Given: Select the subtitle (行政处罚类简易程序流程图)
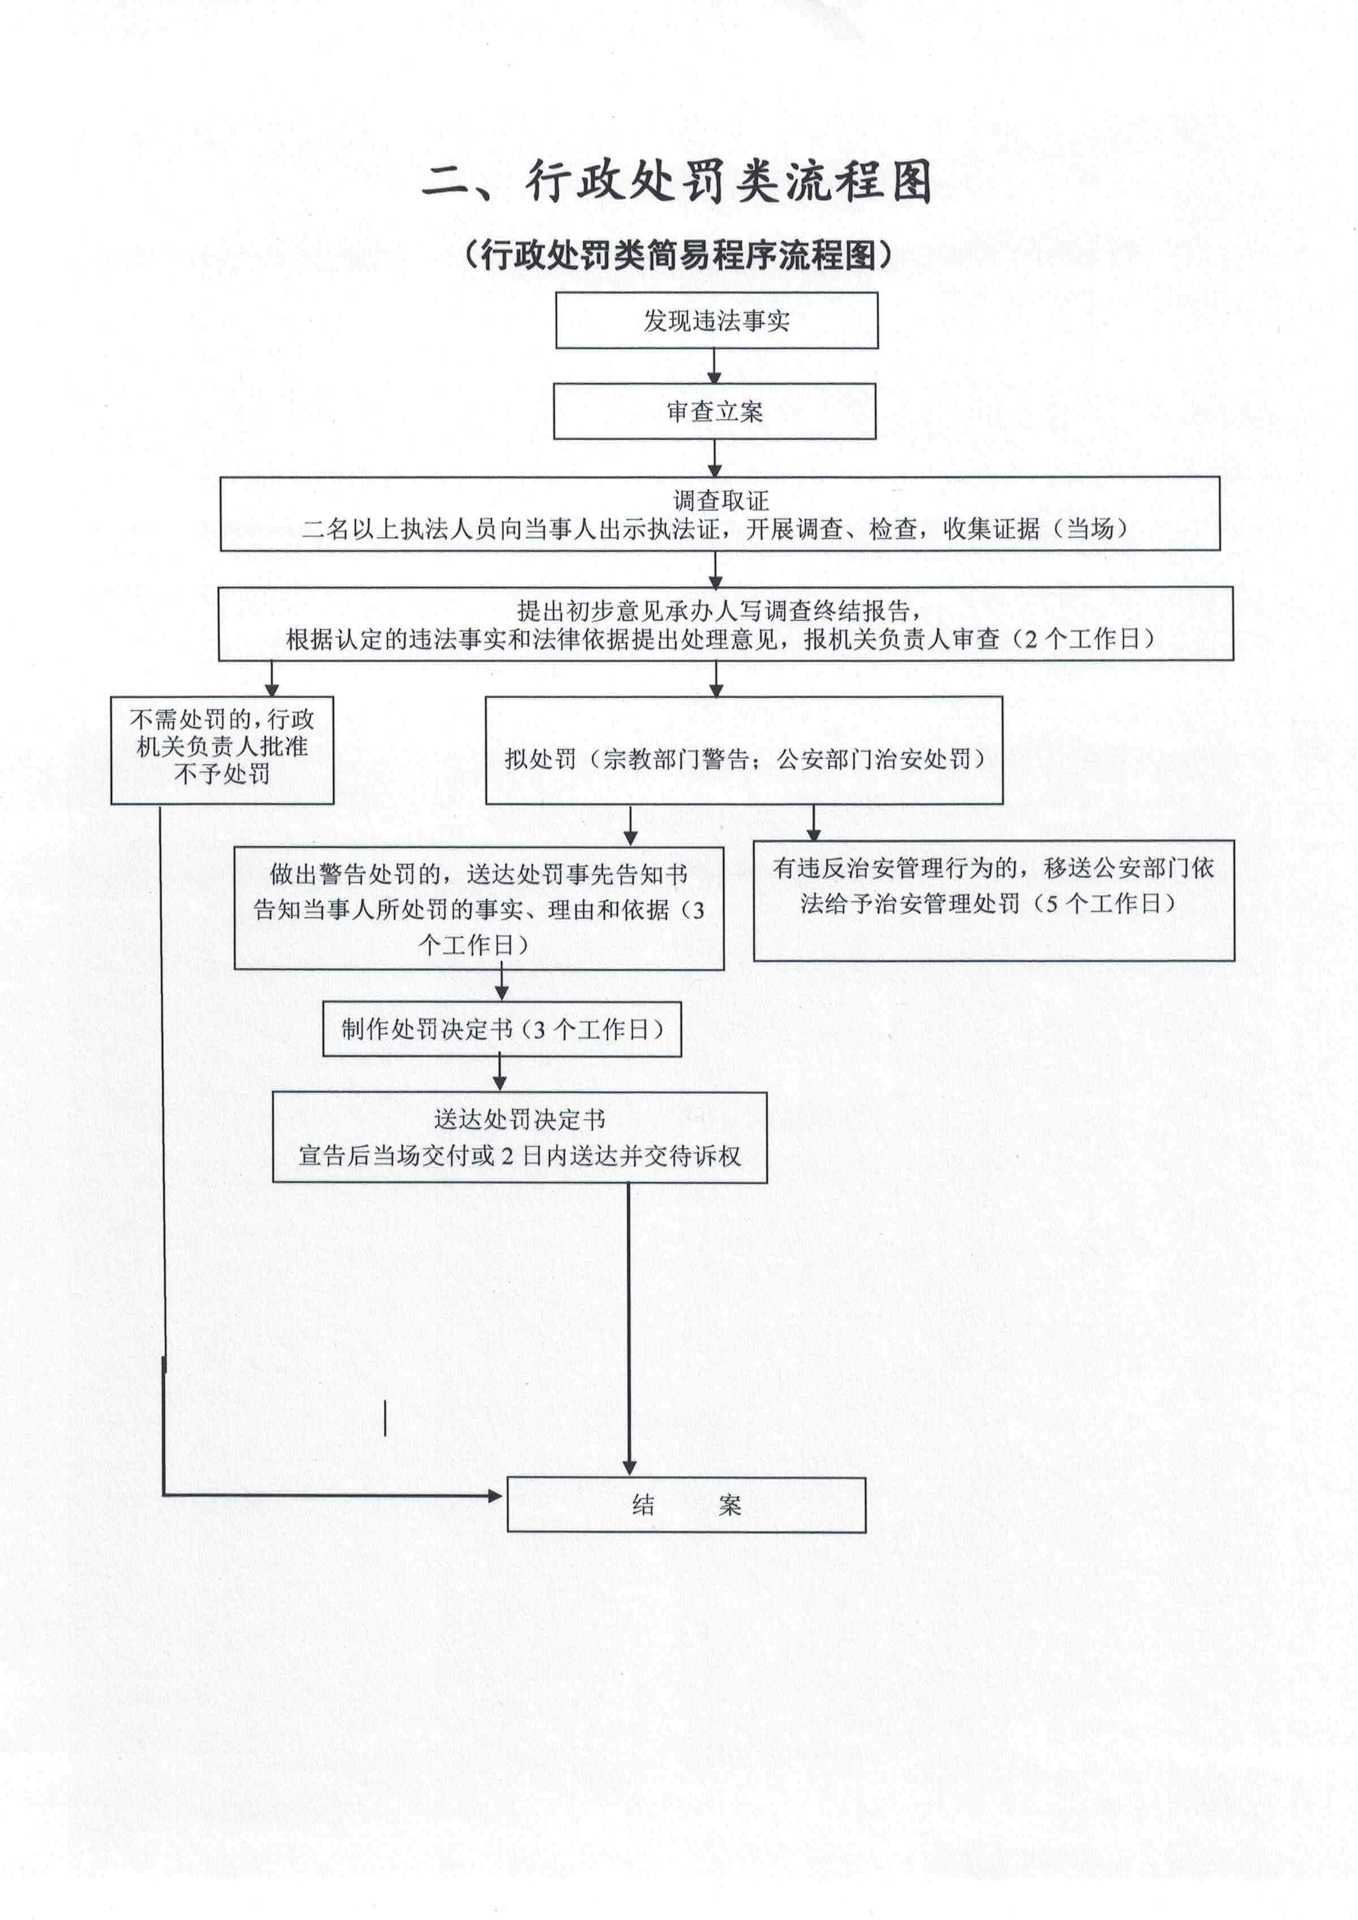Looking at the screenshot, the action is (x=678, y=255).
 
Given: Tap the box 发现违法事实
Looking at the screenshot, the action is (x=717, y=320).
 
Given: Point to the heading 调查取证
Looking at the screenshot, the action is (x=721, y=501).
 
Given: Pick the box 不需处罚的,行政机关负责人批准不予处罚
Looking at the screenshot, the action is (x=222, y=750).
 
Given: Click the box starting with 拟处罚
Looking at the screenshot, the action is (x=744, y=750).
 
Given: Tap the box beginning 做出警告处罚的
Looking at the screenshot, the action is (x=479, y=908).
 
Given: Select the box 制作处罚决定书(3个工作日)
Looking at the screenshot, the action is (x=502, y=1029).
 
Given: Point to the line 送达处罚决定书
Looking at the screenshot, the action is (x=519, y=1119).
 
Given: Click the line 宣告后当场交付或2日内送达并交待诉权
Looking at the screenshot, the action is (x=519, y=1156).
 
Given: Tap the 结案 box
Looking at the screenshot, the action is (x=686, y=1505).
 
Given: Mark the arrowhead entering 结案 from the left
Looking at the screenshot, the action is (x=495, y=1495).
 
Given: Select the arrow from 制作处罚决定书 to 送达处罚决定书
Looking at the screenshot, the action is (x=500, y=1073).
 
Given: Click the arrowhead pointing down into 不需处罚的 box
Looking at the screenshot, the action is (x=271, y=689).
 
